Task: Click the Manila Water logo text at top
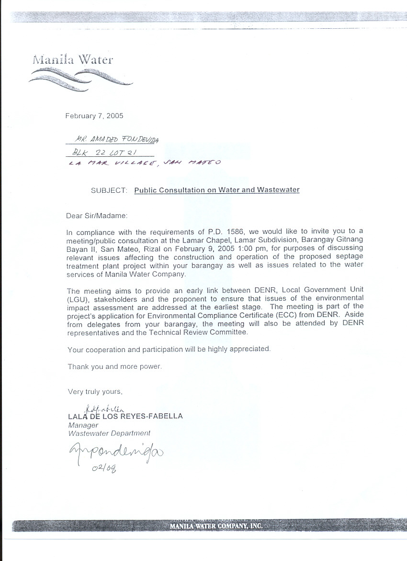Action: coord(73,60)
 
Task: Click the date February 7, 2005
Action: coord(94,116)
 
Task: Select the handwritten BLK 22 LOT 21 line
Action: coord(104,153)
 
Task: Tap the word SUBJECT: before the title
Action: coord(109,190)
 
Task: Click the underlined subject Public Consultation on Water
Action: coord(216,190)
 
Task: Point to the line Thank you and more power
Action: coord(115,366)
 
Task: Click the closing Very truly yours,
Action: coord(95,391)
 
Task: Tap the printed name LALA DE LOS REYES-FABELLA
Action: coord(125,416)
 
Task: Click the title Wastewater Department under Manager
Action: coord(109,433)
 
